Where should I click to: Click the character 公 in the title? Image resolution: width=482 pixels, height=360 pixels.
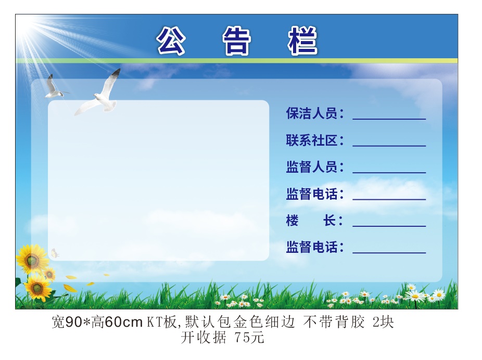171,41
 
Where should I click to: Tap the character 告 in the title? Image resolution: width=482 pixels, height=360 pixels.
236,41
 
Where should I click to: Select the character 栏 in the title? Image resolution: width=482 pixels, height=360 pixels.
302,41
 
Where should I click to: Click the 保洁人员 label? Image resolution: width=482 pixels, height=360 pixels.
312,113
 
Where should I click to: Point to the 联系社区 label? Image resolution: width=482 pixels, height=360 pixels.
312,140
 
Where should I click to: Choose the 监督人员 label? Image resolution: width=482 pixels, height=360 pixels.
312,167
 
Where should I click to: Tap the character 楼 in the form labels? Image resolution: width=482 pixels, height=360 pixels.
293,221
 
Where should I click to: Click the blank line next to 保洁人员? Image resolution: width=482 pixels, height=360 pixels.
389,119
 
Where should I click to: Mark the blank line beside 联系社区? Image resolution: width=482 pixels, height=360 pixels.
389,146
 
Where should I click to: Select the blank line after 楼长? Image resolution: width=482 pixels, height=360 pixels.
389,226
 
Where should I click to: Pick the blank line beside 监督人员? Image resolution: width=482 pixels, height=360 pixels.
389,173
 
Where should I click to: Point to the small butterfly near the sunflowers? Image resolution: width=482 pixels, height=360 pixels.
55,253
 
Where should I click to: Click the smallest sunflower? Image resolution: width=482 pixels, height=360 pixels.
49,274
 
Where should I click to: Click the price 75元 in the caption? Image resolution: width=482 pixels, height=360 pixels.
249,338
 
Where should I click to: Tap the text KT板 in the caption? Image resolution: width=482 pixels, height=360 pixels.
162,322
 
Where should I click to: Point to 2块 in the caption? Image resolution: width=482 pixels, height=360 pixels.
383,322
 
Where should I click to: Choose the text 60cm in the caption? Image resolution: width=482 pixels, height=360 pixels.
123,322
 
